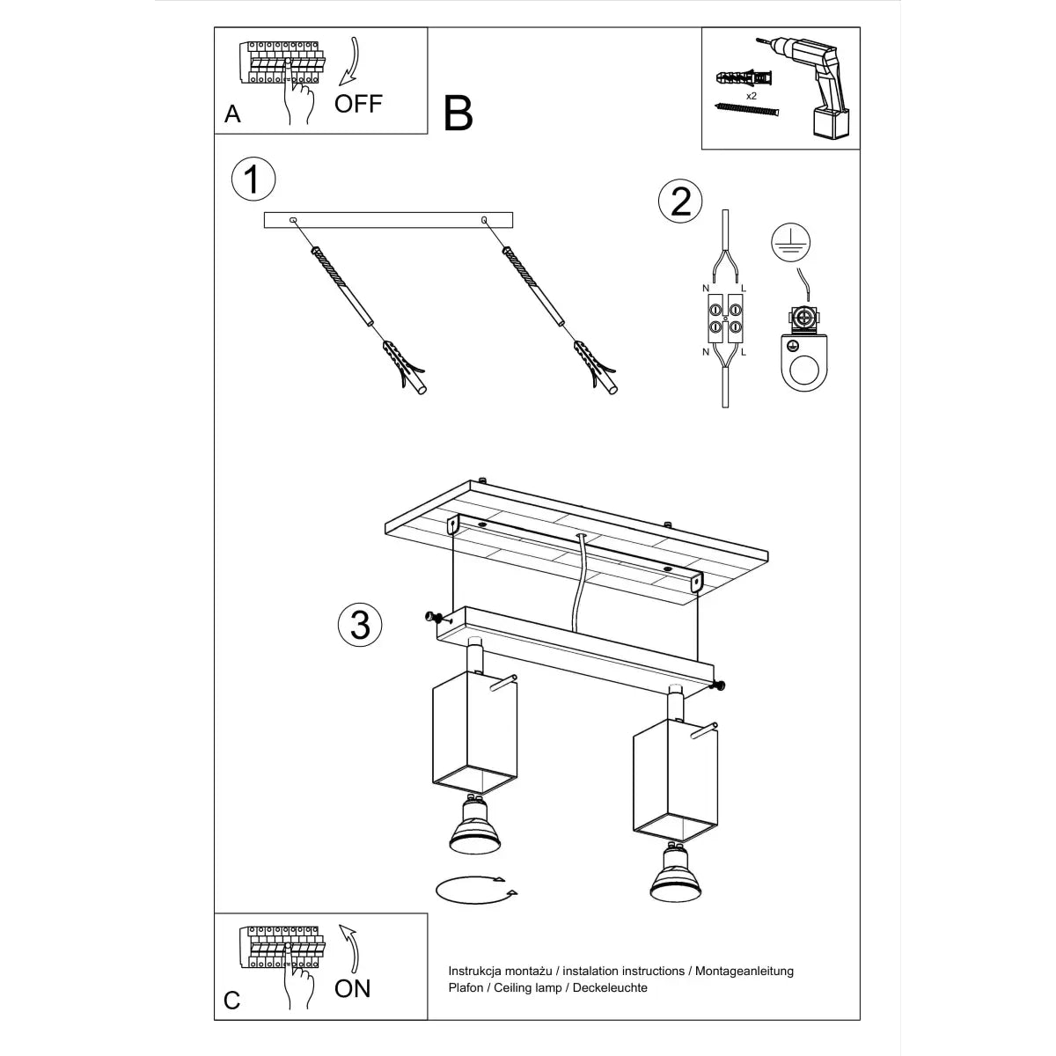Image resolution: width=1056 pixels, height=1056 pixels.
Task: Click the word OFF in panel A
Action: click(358, 103)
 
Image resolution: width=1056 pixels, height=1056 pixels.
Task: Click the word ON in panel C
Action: click(352, 988)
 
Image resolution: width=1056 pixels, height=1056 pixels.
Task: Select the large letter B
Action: click(458, 114)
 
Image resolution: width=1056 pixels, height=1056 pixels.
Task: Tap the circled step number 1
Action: click(253, 180)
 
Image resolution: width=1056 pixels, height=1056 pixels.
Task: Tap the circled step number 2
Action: click(680, 202)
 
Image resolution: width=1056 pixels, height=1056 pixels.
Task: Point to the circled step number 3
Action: click(360, 625)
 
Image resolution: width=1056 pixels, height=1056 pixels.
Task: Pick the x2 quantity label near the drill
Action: click(752, 95)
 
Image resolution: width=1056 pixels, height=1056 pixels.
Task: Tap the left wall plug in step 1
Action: click(405, 368)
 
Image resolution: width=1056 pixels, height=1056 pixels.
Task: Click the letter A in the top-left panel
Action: click(232, 114)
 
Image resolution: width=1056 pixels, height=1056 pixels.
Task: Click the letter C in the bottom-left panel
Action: click(231, 1001)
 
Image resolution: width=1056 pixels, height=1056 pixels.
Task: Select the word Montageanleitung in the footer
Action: click(744, 971)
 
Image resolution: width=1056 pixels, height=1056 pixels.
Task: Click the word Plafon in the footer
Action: click(467, 987)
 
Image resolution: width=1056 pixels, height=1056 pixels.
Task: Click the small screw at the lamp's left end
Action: click(431, 617)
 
